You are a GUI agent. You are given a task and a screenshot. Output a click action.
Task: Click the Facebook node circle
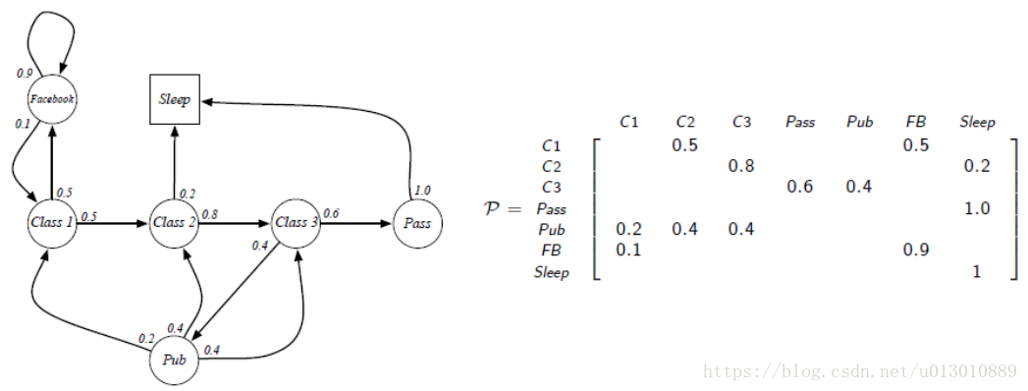[x=52, y=99]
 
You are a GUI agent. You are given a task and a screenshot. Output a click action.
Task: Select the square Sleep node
[x=174, y=99]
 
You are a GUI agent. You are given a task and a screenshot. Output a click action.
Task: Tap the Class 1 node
[x=52, y=223]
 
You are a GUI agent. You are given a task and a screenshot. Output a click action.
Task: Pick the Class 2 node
[x=174, y=223]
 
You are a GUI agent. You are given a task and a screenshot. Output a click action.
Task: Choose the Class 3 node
[x=296, y=223]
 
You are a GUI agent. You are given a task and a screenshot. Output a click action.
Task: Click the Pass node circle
[x=416, y=223]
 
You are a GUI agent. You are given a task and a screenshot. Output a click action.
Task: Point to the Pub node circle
[x=174, y=360]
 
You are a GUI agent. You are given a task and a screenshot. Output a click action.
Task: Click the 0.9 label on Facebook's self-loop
[x=25, y=73]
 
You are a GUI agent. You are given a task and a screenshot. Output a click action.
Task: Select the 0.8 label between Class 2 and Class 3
[x=210, y=213]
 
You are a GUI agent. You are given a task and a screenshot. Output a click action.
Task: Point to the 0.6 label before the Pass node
[x=331, y=213]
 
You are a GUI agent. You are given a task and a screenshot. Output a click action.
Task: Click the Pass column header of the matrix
[x=800, y=122]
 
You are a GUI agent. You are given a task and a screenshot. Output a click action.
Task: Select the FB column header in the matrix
[x=914, y=122]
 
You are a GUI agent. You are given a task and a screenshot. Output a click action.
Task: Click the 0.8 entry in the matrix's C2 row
[x=742, y=166]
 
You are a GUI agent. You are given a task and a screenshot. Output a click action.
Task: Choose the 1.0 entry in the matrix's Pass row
[x=976, y=208]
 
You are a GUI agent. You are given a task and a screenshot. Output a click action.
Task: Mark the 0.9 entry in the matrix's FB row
[x=915, y=251]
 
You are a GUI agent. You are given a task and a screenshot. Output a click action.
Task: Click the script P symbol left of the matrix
[x=497, y=208]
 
